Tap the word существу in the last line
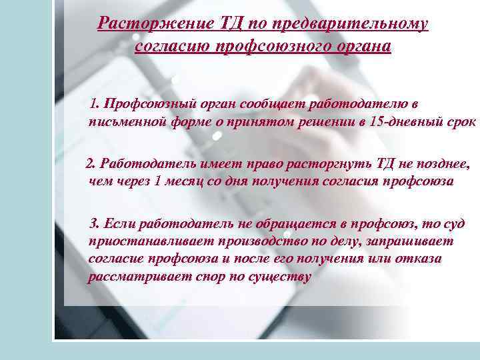tap(279, 277)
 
